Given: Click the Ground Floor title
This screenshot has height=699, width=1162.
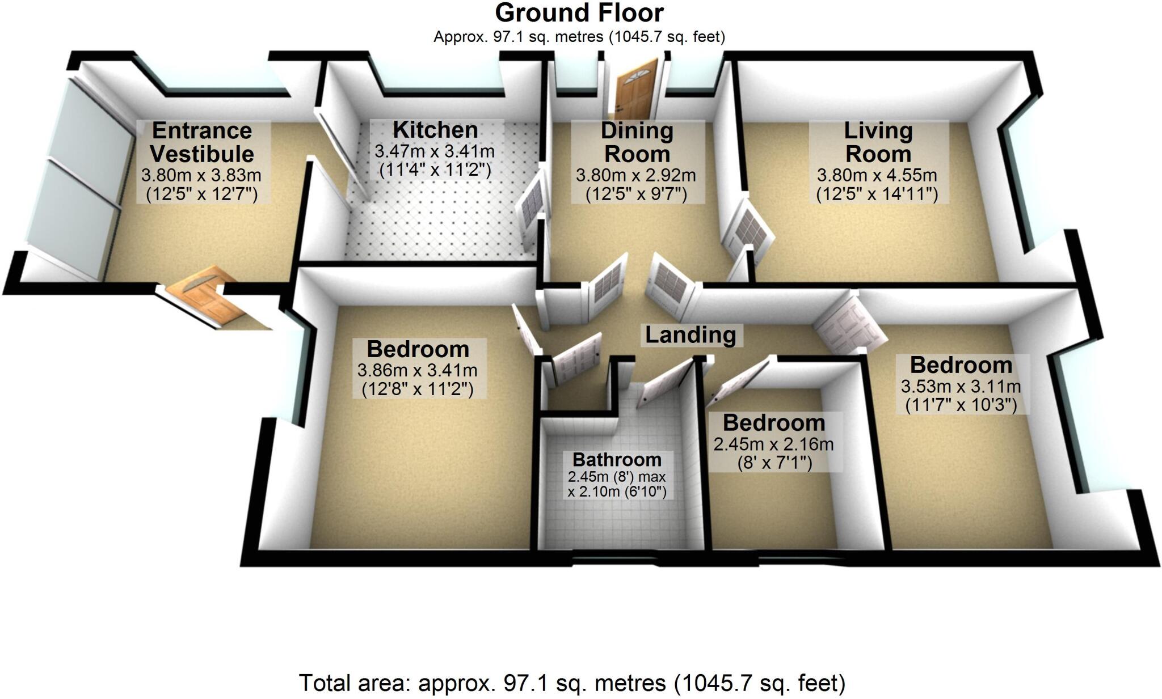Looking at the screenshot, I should pos(579,13).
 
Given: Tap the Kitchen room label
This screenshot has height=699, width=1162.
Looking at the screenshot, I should pos(435,130).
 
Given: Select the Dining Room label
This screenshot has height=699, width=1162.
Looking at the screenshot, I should pos(637,142).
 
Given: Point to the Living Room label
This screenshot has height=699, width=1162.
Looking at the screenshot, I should pos(878,142).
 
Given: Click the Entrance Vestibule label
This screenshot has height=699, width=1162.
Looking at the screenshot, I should pos(202,142).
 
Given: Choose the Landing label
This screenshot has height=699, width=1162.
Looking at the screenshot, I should pos(691,335).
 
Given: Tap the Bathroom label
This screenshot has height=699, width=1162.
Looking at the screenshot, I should pos(617,459).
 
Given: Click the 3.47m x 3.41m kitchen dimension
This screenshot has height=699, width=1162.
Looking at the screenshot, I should pos(435,151).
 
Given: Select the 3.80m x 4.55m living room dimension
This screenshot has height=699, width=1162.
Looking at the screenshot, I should pos(877,175).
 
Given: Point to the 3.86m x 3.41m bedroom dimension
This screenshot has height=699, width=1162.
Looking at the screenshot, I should pos(418,370).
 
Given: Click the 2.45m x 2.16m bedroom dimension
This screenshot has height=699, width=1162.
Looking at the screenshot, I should pos(774,444).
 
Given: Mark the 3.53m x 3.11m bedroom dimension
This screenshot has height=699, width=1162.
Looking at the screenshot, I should pos(961,387).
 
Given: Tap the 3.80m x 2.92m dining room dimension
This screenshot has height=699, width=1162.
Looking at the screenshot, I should pos(636,175).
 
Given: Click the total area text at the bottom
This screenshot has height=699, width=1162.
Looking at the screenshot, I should pos(572,683).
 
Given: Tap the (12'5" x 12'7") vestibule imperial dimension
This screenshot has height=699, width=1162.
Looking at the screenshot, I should pos(202,194).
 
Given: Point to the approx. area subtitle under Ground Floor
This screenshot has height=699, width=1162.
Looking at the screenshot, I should pos(579,37).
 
